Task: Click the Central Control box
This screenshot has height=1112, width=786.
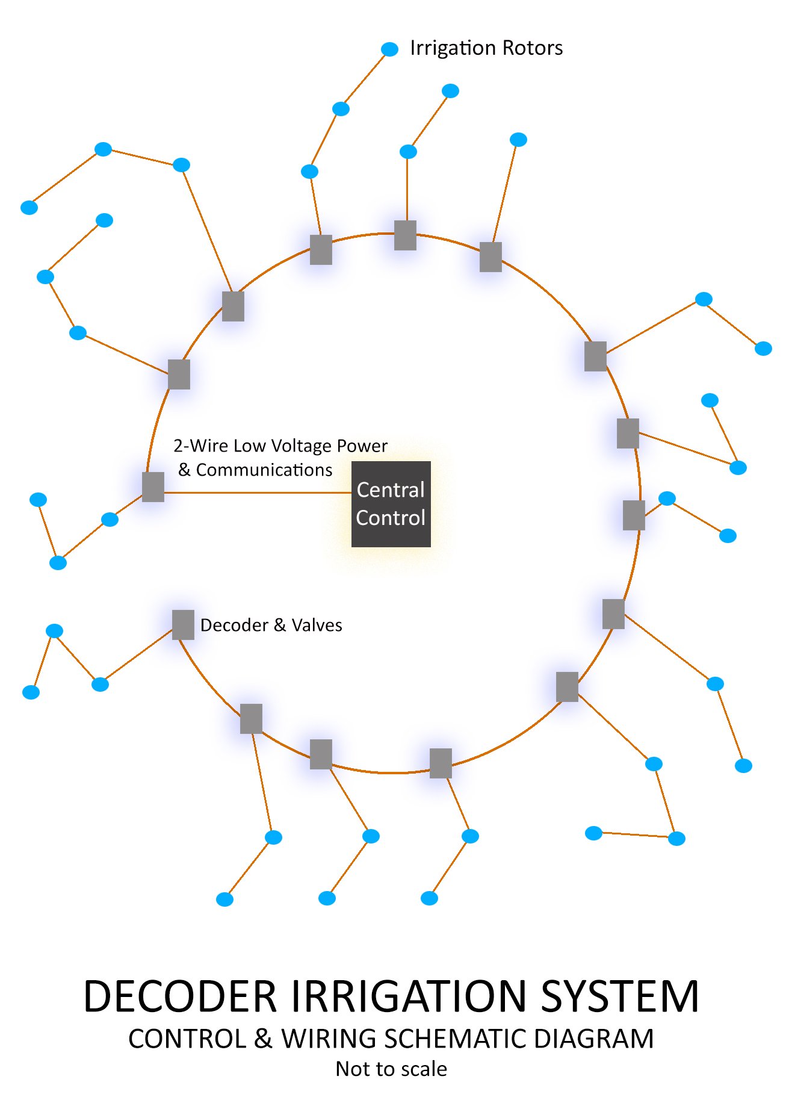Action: [x=391, y=504]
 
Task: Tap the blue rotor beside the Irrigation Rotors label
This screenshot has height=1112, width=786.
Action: [x=390, y=49]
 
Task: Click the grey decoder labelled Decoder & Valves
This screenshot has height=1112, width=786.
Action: [x=183, y=624]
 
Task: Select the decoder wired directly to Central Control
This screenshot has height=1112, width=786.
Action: [x=153, y=486]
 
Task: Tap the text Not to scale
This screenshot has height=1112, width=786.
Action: [x=391, y=1069]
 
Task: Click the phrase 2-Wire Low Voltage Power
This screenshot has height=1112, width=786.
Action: [x=280, y=446]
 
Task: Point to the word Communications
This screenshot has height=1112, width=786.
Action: [x=264, y=470]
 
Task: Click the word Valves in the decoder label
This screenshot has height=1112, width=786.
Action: [x=317, y=626]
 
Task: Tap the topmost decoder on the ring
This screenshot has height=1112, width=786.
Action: [x=405, y=235]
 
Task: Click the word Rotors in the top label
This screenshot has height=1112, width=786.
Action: [x=533, y=48]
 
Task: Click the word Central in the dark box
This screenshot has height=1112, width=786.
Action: [x=391, y=490]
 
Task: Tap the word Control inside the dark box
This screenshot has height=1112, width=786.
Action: [x=391, y=518]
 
